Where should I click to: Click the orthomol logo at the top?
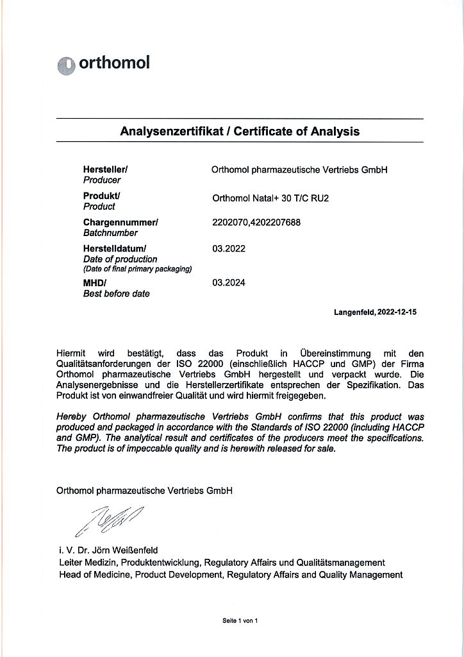click(x=103, y=64)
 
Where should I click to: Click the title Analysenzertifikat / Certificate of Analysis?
click(x=240, y=132)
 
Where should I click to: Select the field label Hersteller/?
click(x=106, y=169)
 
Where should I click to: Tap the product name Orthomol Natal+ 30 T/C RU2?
click(x=270, y=198)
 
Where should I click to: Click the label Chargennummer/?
click(x=120, y=222)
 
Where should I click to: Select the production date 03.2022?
click(x=229, y=247)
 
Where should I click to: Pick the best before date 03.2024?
click(x=229, y=282)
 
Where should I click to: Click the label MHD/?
click(x=95, y=282)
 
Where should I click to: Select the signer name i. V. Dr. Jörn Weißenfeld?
click(x=108, y=550)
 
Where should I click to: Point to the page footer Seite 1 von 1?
click(x=240, y=620)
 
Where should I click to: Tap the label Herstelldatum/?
click(x=115, y=248)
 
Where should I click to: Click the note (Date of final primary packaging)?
click(x=138, y=269)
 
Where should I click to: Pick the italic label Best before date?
click(x=116, y=294)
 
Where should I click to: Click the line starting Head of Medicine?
click(x=230, y=575)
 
